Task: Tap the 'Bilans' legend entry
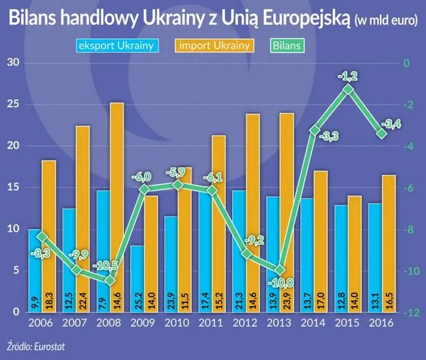(287, 46)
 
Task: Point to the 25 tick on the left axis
(12, 105)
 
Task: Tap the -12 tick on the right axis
(410, 312)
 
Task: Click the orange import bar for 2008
(116, 206)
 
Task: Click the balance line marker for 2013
(279, 270)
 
